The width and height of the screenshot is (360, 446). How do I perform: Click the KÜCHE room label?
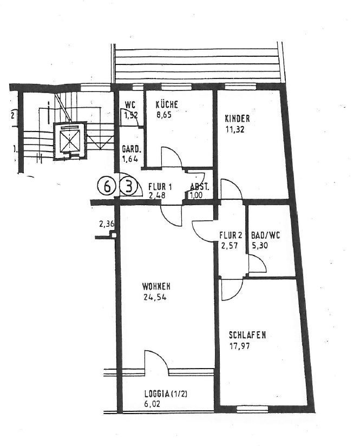(x=167, y=104)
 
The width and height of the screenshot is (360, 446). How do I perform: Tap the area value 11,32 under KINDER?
(x=235, y=130)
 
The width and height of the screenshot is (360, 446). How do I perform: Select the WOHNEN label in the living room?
(x=156, y=286)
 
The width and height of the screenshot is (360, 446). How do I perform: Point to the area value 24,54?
(x=155, y=297)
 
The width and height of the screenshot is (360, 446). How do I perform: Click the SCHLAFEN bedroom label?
(x=247, y=335)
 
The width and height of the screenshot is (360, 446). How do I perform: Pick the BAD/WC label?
(x=265, y=235)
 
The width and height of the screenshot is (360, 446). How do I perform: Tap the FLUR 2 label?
(x=231, y=235)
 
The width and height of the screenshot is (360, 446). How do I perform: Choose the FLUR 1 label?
(x=160, y=187)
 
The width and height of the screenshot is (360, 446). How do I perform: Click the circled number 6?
(x=107, y=187)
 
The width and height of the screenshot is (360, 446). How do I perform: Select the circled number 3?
(x=129, y=187)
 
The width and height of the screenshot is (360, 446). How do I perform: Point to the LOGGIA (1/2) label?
(x=166, y=394)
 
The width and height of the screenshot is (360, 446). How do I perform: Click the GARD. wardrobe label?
(x=130, y=149)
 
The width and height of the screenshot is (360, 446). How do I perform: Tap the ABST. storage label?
(x=200, y=187)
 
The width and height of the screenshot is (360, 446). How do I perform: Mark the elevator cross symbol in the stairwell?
(x=70, y=141)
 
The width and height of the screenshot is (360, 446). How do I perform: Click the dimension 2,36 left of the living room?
(x=107, y=224)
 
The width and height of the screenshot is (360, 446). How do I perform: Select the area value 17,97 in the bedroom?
(x=239, y=346)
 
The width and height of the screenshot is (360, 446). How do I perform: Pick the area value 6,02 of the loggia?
(x=152, y=404)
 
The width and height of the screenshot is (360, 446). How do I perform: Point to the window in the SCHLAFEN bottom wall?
(x=252, y=409)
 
